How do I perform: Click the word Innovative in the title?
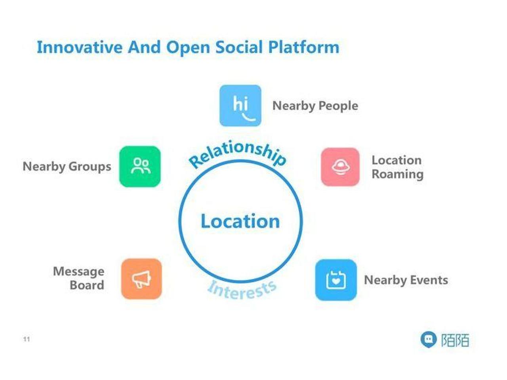click(x=80, y=47)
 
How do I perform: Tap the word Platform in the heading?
click(x=303, y=47)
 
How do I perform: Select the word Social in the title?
click(x=238, y=47)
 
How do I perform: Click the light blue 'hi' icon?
click(x=240, y=105)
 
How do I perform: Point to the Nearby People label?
click(x=315, y=106)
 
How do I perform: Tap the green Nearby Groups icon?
click(x=140, y=166)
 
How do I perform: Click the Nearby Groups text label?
click(x=67, y=167)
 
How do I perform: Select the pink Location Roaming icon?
click(x=340, y=167)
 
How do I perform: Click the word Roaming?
click(x=398, y=175)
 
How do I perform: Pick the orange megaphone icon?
click(x=141, y=279)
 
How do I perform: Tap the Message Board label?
click(x=79, y=278)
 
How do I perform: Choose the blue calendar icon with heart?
click(x=336, y=280)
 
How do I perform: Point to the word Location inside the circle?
click(x=240, y=221)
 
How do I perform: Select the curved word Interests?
click(x=242, y=290)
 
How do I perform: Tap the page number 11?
click(x=26, y=339)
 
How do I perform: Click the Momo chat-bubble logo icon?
click(x=429, y=340)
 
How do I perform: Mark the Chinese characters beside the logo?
click(x=455, y=340)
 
